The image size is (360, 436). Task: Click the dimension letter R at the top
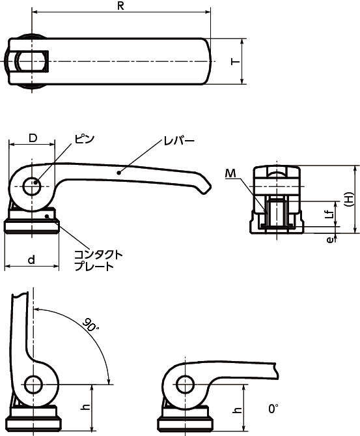(x=120, y=6)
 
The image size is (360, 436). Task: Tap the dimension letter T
(x=235, y=61)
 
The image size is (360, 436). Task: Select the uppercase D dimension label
(x=33, y=138)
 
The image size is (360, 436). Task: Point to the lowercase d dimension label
(x=32, y=259)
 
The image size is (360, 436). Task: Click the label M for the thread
(x=230, y=173)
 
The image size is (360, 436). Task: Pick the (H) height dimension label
(x=349, y=199)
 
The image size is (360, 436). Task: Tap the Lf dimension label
(x=329, y=214)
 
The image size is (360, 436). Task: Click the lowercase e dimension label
(x=329, y=240)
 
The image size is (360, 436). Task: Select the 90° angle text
(x=90, y=325)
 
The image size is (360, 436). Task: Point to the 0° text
(x=273, y=409)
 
